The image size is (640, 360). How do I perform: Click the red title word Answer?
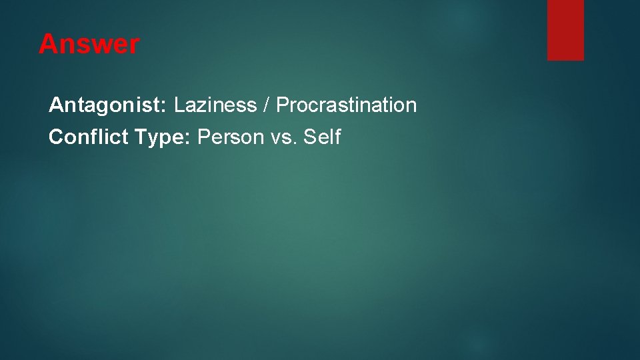89,45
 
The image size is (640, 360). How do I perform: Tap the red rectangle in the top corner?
565,30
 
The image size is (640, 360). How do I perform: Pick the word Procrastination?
346,105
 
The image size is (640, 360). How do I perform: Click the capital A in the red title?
47,45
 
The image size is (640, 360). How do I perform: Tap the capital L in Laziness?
179,105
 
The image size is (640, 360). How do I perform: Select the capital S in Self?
309,137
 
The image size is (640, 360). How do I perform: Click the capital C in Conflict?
56,137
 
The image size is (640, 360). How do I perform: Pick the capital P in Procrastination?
282,105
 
